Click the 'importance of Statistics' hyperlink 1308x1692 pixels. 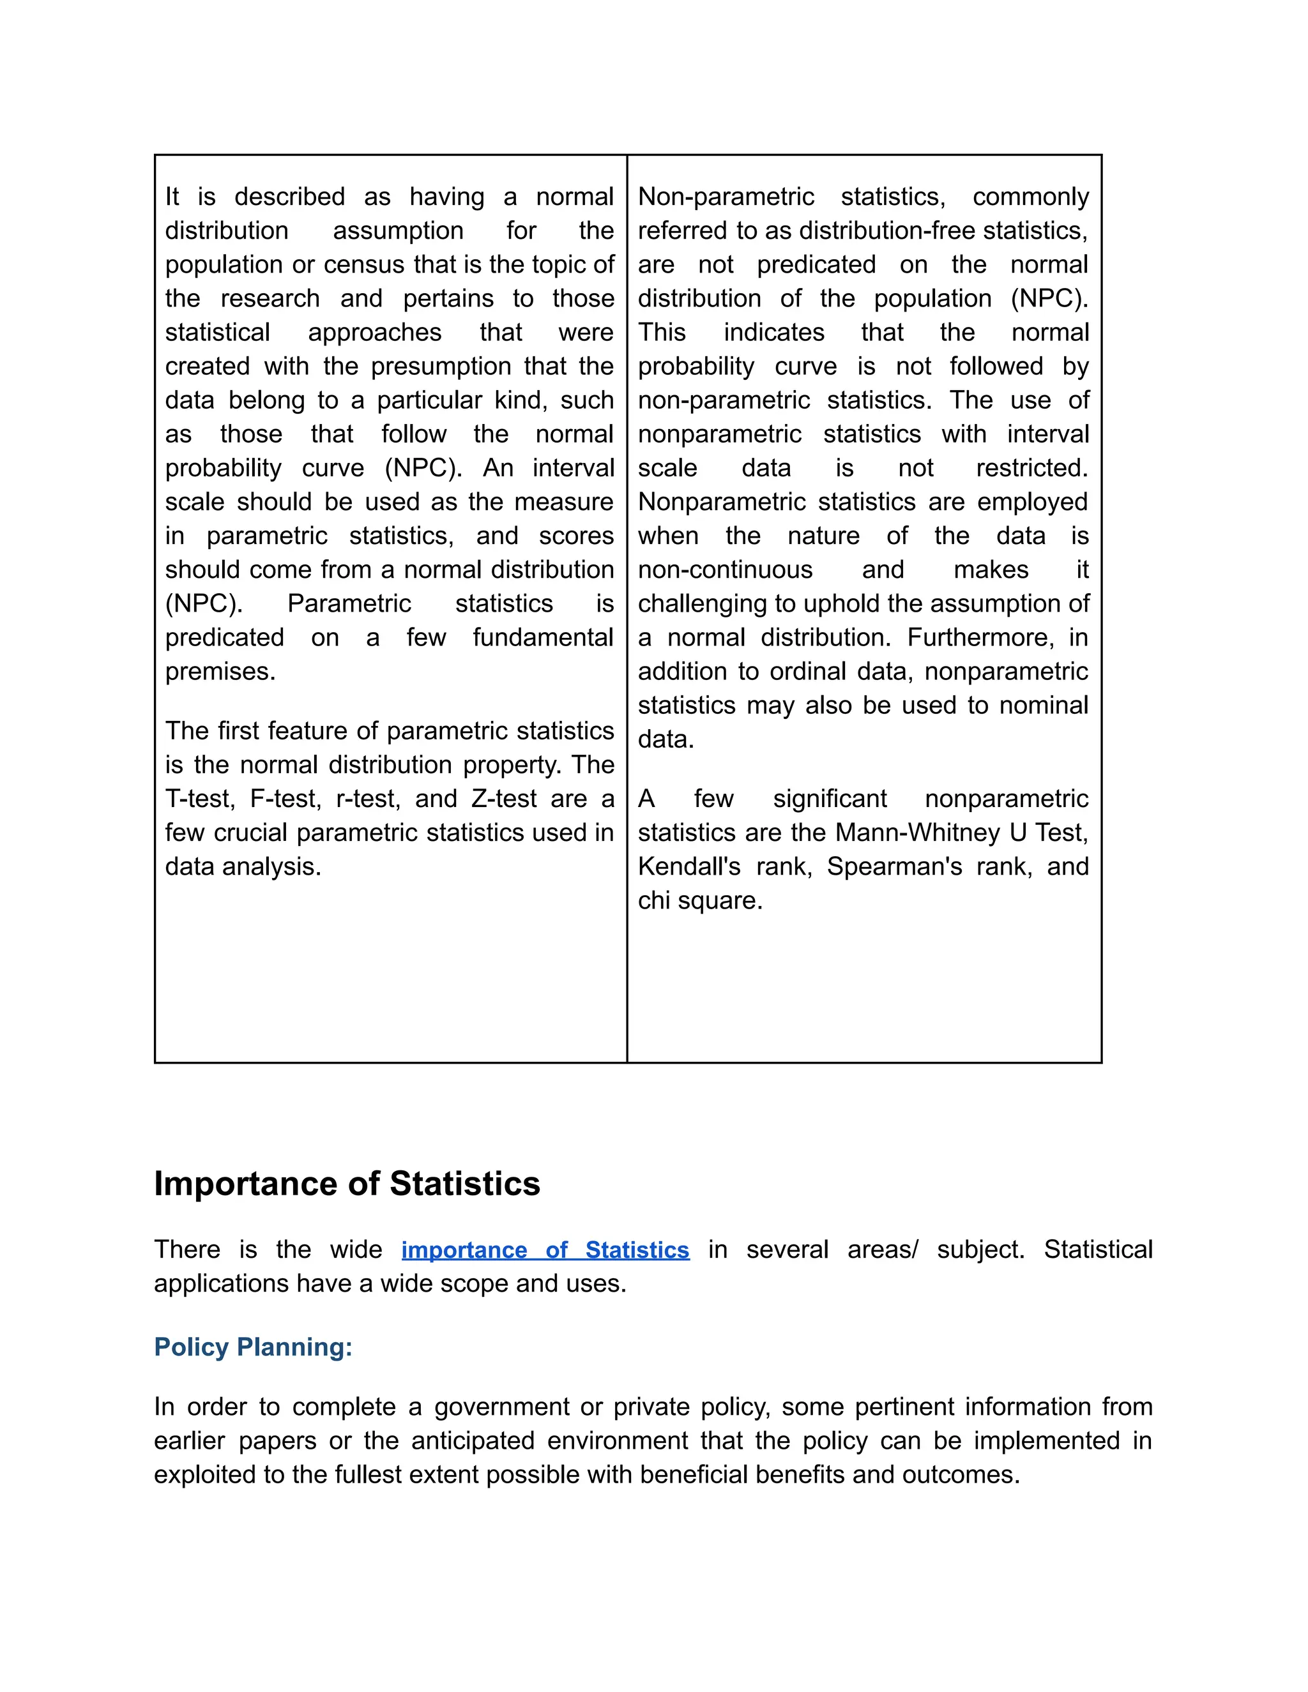point(545,1250)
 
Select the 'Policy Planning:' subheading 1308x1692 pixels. point(253,1347)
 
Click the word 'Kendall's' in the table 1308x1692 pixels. point(689,866)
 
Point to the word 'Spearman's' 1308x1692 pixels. point(894,866)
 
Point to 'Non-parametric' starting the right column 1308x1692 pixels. point(726,197)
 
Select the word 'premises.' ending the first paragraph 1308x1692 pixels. point(220,671)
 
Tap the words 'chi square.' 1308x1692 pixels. point(700,900)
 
